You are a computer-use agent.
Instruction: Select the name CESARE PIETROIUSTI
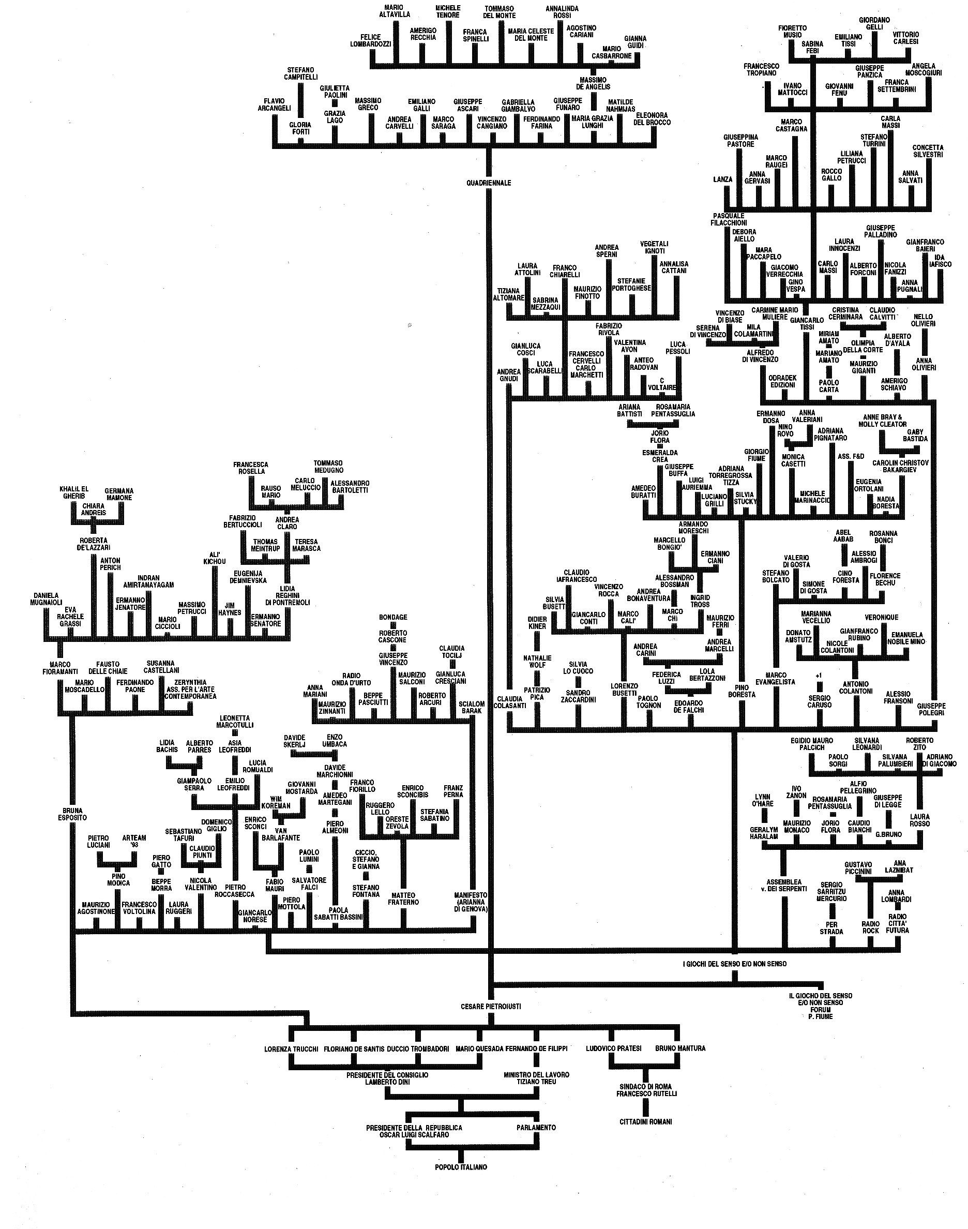(x=491, y=1006)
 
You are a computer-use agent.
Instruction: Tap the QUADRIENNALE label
(x=489, y=183)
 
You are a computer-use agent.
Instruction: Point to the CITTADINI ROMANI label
(x=646, y=1121)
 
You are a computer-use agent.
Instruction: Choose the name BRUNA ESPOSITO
(x=72, y=814)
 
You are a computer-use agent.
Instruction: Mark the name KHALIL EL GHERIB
(x=74, y=492)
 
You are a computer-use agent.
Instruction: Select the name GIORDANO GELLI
(x=874, y=23)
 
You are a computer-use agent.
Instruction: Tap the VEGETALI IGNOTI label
(x=655, y=247)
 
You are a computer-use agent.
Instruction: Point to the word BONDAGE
(x=394, y=617)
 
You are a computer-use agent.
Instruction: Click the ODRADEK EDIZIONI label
(x=782, y=381)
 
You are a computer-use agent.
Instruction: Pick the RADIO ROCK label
(x=870, y=927)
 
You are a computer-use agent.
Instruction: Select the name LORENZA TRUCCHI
(x=291, y=1048)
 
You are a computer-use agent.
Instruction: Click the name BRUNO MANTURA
(x=680, y=1048)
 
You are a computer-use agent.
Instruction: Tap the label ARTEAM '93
(x=134, y=841)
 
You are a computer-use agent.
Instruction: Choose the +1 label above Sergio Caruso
(x=819, y=675)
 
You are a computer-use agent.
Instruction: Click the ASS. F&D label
(x=851, y=456)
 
